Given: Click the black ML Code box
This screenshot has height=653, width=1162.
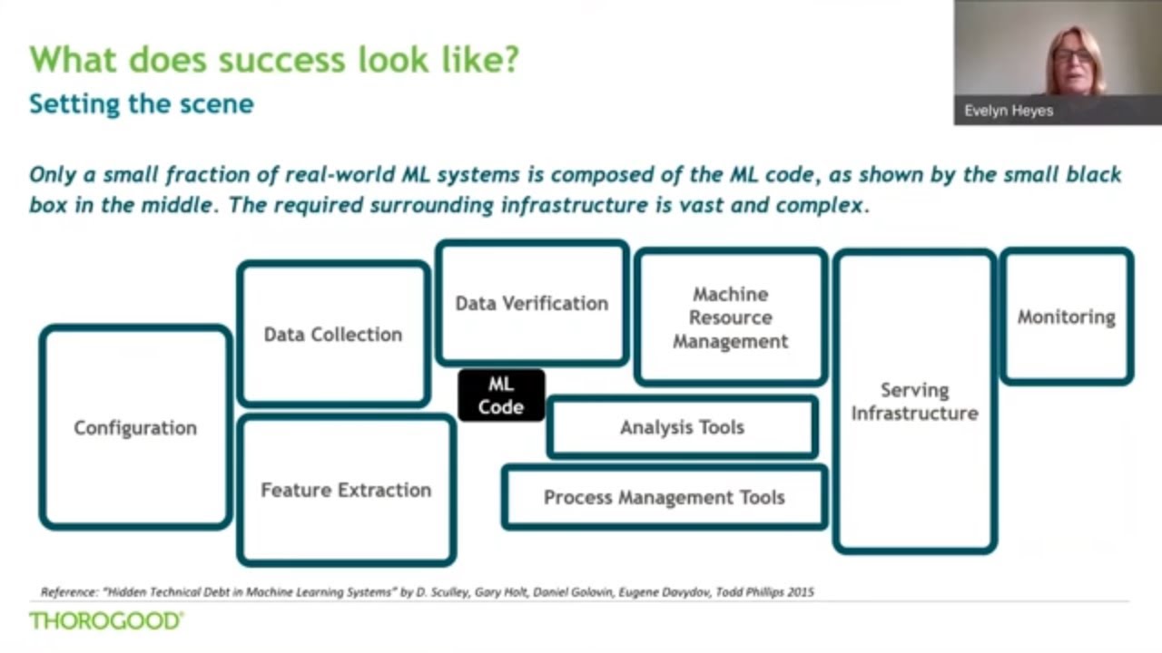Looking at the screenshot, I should [501, 395].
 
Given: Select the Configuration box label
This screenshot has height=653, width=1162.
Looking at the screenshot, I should [135, 428].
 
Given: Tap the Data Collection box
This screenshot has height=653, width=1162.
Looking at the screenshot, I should [333, 335].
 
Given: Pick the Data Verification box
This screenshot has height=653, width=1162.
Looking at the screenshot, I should [532, 303].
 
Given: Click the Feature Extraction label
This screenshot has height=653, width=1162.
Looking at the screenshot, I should [346, 491].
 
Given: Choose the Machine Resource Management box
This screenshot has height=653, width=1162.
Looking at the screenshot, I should [730, 317].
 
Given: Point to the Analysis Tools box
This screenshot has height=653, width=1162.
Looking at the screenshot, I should [682, 427].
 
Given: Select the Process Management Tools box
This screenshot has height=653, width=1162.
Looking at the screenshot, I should [664, 497].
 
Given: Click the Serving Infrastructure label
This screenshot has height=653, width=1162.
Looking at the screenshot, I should [914, 402].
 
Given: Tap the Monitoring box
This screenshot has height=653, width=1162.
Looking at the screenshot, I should [1066, 317].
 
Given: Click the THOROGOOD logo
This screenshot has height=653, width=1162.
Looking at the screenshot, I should [106, 621].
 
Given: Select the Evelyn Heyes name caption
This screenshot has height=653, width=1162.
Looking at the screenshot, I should [1009, 111].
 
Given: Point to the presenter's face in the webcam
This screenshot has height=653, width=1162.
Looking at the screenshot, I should [1073, 58].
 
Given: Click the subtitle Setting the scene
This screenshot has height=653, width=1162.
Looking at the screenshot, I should [142, 103].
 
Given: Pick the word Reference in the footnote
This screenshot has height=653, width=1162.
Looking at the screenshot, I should [70, 592].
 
